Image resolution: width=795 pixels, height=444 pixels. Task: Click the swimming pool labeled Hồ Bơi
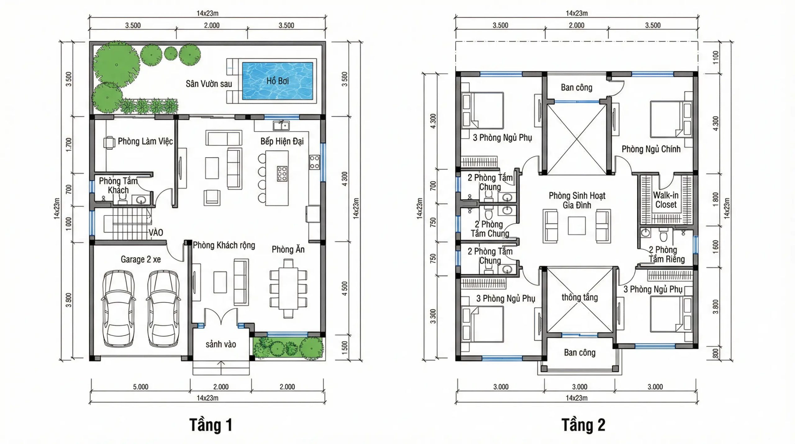(x=277, y=81)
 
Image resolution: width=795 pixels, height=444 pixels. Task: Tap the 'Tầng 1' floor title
(x=211, y=425)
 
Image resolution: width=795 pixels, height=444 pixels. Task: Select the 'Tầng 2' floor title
(x=584, y=425)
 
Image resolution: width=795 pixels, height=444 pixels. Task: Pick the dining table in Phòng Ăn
(x=288, y=289)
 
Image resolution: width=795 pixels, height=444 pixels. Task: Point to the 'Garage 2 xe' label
(x=141, y=259)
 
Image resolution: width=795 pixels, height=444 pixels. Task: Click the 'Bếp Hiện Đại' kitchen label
(x=282, y=141)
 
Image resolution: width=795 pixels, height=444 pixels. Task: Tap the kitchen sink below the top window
(x=281, y=125)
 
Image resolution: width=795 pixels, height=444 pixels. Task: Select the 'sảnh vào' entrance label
(x=221, y=344)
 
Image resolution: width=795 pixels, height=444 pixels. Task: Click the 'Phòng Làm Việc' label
(x=145, y=141)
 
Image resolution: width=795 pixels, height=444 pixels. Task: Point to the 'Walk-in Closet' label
(x=666, y=200)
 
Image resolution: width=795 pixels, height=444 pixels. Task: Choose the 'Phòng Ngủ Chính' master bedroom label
(x=651, y=149)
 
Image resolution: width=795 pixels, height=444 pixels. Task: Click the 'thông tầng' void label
(x=579, y=297)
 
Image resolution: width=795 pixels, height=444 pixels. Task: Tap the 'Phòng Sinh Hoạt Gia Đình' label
(x=577, y=200)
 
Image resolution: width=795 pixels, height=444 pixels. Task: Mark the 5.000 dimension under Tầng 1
(x=141, y=387)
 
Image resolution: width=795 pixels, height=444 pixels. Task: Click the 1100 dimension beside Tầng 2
(x=715, y=57)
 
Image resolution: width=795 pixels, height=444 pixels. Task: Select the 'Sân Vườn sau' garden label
(x=209, y=84)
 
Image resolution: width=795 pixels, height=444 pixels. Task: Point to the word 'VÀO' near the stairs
(x=156, y=232)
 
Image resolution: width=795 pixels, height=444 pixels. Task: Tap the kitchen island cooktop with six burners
(x=282, y=174)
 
